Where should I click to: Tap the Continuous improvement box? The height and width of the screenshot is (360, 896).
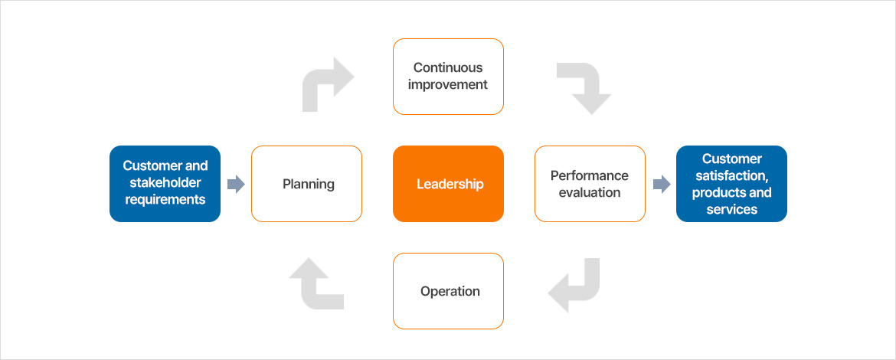pyautogui.click(x=448, y=77)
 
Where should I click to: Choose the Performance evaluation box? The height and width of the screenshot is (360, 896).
pyautogui.click(x=590, y=184)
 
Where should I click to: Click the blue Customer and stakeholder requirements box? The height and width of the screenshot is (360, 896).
pyautogui.click(x=165, y=184)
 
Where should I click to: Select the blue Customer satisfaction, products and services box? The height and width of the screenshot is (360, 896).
pyautogui.click(x=731, y=184)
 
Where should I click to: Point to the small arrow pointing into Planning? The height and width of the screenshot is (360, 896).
pyautogui.click(x=236, y=184)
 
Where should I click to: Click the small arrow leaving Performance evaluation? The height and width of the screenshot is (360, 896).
pyautogui.click(x=660, y=184)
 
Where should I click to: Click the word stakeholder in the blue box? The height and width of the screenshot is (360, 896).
pyautogui.click(x=165, y=182)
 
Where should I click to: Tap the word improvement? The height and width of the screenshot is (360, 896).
pyautogui.click(x=448, y=84)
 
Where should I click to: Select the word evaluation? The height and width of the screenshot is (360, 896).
pyautogui.click(x=590, y=192)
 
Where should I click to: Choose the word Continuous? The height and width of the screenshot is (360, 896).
pyautogui.click(x=448, y=67)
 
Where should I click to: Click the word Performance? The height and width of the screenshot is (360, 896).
pyautogui.click(x=590, y=175)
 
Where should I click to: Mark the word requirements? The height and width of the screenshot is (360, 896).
pyautogui.click(x=165, y=199)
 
